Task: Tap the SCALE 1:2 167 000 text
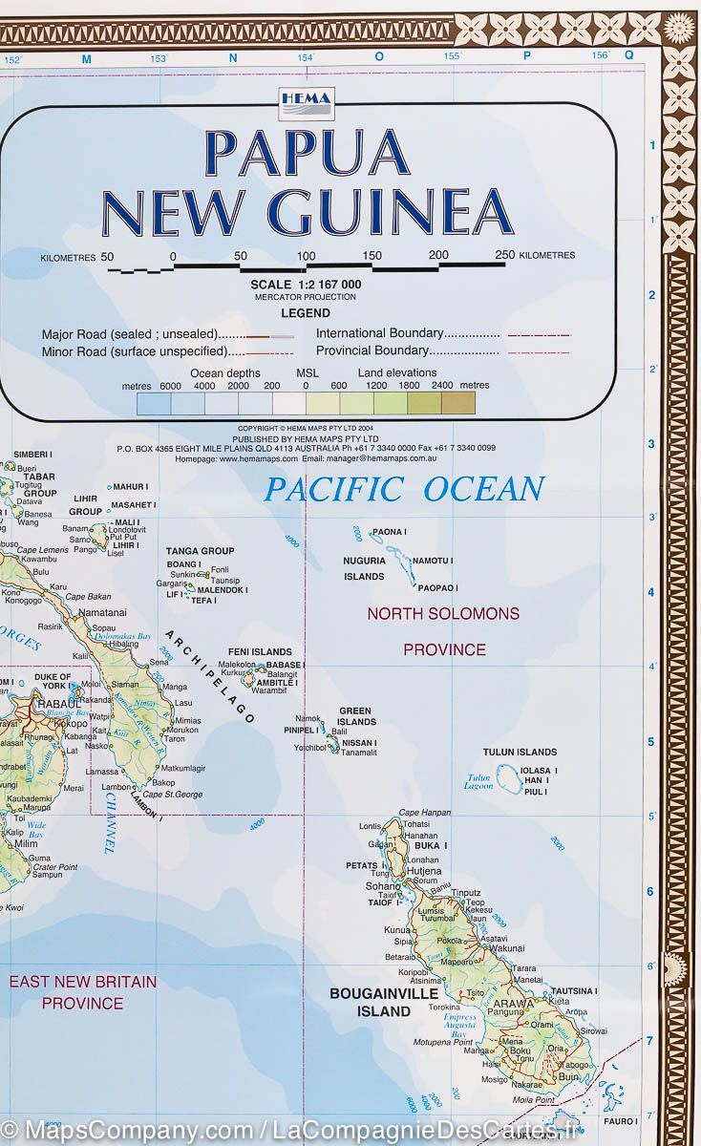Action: (306, 284)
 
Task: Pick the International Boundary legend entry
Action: (408, 333)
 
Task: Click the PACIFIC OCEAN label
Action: (404, 489)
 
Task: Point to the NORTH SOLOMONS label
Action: (443, 613)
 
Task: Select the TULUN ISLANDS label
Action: (519, 752)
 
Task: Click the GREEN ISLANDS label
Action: (355, 716)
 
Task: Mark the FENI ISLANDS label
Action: (259, 651)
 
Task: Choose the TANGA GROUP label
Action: (200, 551)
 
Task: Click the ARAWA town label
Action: (513, 1004)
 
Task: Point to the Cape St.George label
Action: (171, 794)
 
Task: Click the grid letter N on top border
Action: (232, 58)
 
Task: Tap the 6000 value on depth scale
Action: (170, 386)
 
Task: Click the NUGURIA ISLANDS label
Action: (364, 568)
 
